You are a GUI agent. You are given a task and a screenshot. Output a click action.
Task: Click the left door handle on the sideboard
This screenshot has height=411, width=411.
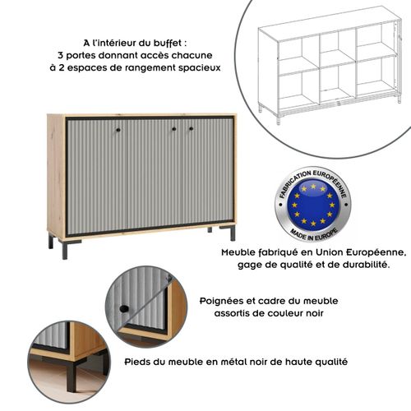click(118, 130)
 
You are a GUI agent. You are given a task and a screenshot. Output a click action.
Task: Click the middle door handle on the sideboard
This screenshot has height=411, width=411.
click(174, 130)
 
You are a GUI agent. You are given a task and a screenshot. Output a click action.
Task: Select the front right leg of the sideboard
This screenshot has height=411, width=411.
click(233, 233)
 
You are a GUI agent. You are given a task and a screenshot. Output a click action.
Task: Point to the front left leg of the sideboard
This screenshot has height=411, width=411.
click(64, 248)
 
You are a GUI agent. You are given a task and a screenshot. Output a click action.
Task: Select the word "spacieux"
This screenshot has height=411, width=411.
click(199, 68)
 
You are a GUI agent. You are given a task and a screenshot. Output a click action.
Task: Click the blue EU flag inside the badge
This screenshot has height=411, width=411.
click(313, 205)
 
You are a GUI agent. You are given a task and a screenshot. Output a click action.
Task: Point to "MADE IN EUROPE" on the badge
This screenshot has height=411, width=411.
click(313, 233)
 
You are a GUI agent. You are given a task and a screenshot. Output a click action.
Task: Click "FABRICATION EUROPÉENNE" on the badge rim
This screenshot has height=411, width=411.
click(313, 178)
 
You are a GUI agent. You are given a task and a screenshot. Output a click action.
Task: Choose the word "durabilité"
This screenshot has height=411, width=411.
click(357, 266)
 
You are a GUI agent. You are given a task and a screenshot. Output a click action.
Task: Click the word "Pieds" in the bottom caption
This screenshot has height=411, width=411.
click(139, 361)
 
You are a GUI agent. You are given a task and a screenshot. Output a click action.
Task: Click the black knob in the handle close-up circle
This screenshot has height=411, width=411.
click(122, 308)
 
